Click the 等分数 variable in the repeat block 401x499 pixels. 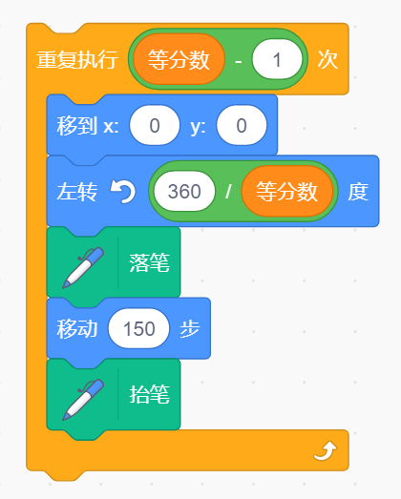click(x=179, y=59)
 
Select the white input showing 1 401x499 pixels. click(x=277, y=59)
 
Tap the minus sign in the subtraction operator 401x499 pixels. click(x=239, y=60)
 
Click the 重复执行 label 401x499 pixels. click(x=77, y=59)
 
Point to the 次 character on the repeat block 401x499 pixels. click(x=327, y=59)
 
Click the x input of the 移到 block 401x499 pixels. click(x=155, y=125)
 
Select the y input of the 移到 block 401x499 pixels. click(x=242, y=125)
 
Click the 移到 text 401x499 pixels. click(x=76, y=125)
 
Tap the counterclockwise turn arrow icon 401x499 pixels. click(x=122, y=191)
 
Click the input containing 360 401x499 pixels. click(x=184, y=191)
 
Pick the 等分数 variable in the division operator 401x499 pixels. click(x=287, y=191)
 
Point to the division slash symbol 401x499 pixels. click(x=228, y=191)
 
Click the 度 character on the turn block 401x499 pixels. click(x=358, y=192)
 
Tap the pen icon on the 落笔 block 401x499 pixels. click(x=83, y=268)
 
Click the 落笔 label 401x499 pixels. click(x=149, y=263)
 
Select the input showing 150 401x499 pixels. click(x=138, y=328)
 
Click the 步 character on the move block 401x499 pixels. click(x=190, y=328)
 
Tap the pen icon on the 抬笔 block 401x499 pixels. click(x=83, y=400)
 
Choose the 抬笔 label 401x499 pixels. click(x=149, y=395)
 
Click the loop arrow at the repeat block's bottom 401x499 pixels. click(x=325, y=450)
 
